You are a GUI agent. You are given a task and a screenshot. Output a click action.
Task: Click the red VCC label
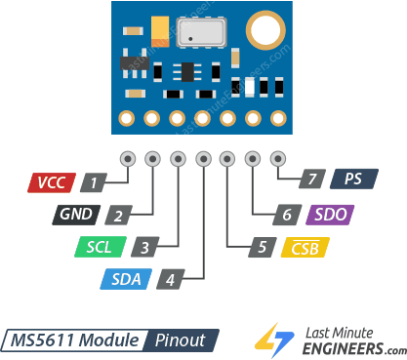point(52,182)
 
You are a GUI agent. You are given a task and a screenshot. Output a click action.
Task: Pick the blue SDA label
point(126,279)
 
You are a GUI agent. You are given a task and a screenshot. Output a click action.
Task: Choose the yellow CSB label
point(304,247)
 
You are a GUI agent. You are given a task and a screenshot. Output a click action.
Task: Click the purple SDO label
point(329,215)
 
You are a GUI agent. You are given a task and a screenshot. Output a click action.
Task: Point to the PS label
point(353,180)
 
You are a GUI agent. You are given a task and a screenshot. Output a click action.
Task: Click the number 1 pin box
point(94,182)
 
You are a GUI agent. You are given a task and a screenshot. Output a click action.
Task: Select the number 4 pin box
point(170,279)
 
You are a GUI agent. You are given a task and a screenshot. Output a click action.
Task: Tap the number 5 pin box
point(261,247)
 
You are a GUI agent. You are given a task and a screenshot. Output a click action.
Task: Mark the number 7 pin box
point(311,180)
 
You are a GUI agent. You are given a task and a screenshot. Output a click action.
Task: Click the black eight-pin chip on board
point(183,70)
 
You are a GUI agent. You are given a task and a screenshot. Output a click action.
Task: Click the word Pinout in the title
point(181,340)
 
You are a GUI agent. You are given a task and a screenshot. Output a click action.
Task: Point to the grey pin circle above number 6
point(253,158)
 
